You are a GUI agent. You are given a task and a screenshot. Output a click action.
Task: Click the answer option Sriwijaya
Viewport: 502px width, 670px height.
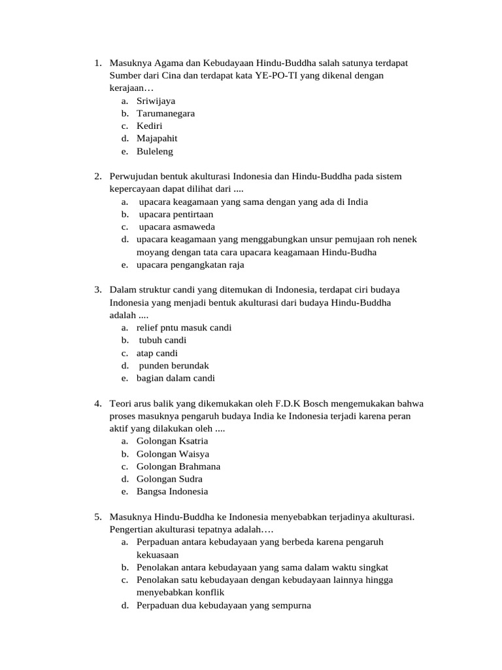pyautogui.click(x=156, y=101)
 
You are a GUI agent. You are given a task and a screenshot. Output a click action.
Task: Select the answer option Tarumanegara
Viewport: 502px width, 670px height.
pyautogui.click(x=165, y=113)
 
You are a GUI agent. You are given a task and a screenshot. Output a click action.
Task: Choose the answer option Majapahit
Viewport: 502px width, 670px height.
pyautogui.click(x=157, y=139)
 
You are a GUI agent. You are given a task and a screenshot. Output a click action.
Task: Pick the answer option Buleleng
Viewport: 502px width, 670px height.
pyautogui.click(x=155, y=151)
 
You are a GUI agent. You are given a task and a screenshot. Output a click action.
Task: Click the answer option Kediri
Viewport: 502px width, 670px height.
pyautogui.click(x=150, y=126)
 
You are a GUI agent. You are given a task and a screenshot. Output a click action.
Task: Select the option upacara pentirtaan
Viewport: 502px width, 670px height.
pyautogui.click(x=176, y=214)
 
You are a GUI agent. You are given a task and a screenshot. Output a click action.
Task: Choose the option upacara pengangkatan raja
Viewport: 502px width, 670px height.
pyautogui.click(x=190, y=265)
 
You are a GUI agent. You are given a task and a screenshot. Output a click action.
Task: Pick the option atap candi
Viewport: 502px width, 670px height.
pyautogui.click(x=157, y=353)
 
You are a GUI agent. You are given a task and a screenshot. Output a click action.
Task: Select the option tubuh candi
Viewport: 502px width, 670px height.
pyautogui.click(x=163, y=340)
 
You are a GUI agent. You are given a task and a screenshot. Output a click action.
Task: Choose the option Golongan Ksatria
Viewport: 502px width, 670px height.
pyautogui.click(x=172, y=441)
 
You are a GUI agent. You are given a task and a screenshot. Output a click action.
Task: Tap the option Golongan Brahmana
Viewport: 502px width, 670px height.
pyautogui.click(x=178, y=467)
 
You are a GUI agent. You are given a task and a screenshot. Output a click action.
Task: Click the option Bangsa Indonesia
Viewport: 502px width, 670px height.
pyautogui.click(x=172, y=491)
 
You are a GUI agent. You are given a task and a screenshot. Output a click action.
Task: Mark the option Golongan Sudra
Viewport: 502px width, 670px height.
pyautogui.click(x=169, y=479)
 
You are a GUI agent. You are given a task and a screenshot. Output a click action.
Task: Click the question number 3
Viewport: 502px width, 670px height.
pyautogui.click(x=97, y=290)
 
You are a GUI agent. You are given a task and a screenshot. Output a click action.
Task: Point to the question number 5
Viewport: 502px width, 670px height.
pyautogui.click(x=97, y=517)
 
